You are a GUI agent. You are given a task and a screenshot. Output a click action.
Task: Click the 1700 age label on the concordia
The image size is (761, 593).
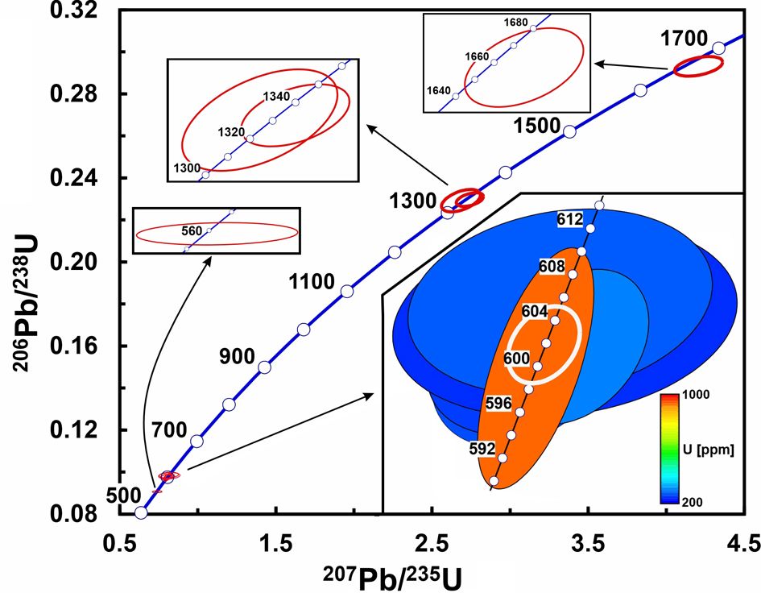point(684,39)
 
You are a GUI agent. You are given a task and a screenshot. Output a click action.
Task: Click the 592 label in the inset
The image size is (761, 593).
point(481,450)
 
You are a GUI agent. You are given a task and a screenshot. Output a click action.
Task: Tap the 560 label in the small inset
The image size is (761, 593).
point(192,230)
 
